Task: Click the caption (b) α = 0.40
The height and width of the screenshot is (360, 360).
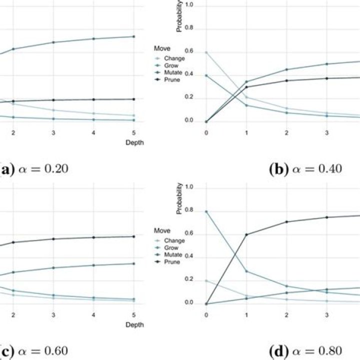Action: [305, 169]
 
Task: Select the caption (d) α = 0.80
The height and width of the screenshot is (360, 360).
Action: [305, 351]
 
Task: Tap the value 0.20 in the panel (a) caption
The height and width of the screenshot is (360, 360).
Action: [56, 169]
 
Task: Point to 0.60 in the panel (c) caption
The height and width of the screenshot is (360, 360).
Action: [56, 350]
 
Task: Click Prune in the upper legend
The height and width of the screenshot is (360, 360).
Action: [172, 79]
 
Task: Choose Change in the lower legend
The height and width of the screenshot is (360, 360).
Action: [174, 240]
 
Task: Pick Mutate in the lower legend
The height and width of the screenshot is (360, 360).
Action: [173, 254]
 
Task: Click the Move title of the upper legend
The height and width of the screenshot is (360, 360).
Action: [162, 48]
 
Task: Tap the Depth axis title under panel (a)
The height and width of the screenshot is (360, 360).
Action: [134, 142]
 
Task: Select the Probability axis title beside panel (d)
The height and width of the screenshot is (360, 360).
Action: [179, 198]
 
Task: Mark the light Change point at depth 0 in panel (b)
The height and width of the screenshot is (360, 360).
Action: [206, 52]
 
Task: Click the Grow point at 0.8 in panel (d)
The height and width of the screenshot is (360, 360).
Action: [206, 211]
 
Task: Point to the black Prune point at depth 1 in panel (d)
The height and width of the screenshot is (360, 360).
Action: [246, 234]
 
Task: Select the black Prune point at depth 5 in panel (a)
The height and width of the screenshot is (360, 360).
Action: [134, 99]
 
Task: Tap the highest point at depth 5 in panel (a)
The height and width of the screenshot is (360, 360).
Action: [134, 36]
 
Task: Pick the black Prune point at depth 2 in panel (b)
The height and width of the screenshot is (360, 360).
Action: [286, 80]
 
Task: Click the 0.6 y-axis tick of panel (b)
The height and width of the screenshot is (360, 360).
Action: [188, 51]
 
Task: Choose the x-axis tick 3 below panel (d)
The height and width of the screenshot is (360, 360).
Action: [326, 315]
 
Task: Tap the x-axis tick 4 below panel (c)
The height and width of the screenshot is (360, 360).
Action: [93, 315]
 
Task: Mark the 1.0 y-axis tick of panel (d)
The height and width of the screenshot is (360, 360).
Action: [188, 187]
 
